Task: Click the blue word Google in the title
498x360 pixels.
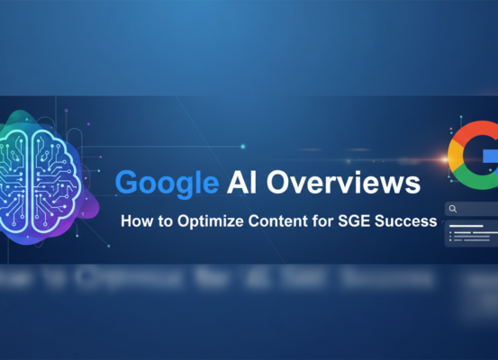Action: (x=166, y=184)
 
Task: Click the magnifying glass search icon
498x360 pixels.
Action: (x=453, y=209)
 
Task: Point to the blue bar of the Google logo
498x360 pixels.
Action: (x=491, y=155)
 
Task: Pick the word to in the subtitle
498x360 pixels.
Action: (x=168, y=220)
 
